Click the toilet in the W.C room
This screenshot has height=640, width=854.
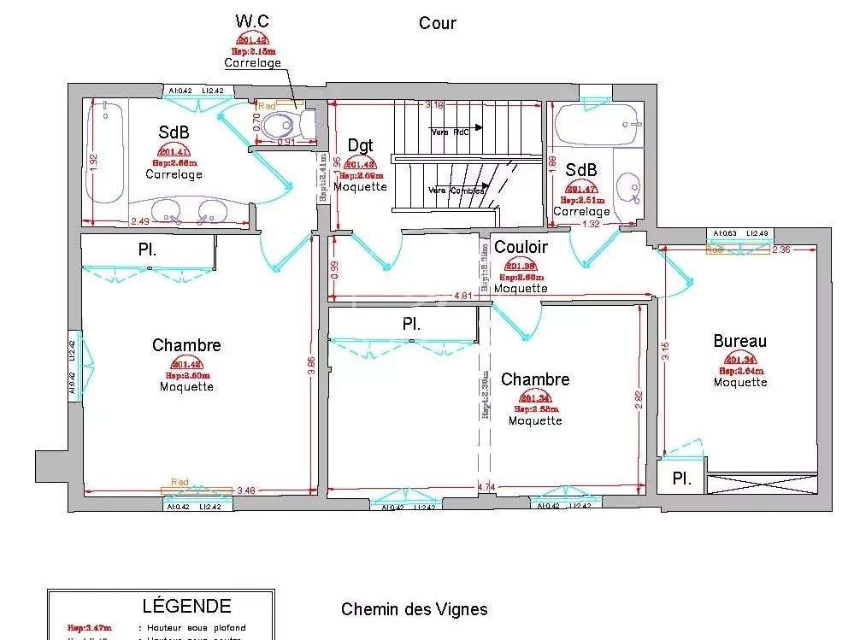pyautogui.click(x=282, y=126)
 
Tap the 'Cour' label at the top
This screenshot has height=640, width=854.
pyautogui.click(x=437, y=23)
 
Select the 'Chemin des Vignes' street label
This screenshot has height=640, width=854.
pyautogui.click(x=414, y=609)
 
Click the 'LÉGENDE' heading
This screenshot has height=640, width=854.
pyautogui.click(x=186, y=606)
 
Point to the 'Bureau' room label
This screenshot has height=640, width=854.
pyautogui.click(x=739, y=341)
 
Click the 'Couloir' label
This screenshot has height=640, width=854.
pyautogui.click(x=521, y=247)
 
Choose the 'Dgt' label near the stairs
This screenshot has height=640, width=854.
pyautogui.click(x=360, y=145)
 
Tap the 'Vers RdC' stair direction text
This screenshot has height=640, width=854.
pyautogui.click(x=450, y=132)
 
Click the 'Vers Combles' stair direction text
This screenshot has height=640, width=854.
pyautogui.click(x=456, y=191)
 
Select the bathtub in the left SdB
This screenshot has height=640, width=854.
pyautogui.click(x=107, y=154)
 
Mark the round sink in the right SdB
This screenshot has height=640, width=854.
pyautogui.click(x=629, y=185)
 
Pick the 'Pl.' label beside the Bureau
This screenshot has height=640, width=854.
pyautogui.click(x=681, y=479)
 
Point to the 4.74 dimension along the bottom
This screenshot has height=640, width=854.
pyautogui.click(x=486, y=487)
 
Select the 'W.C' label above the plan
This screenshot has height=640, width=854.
pyautogui.click(x=251, y=21)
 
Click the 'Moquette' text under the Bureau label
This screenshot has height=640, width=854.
pyautogui.click(x=740, y=382)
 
